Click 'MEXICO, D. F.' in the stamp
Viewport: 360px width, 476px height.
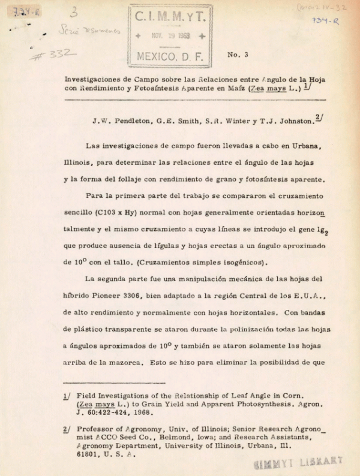(x=170, y=57)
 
